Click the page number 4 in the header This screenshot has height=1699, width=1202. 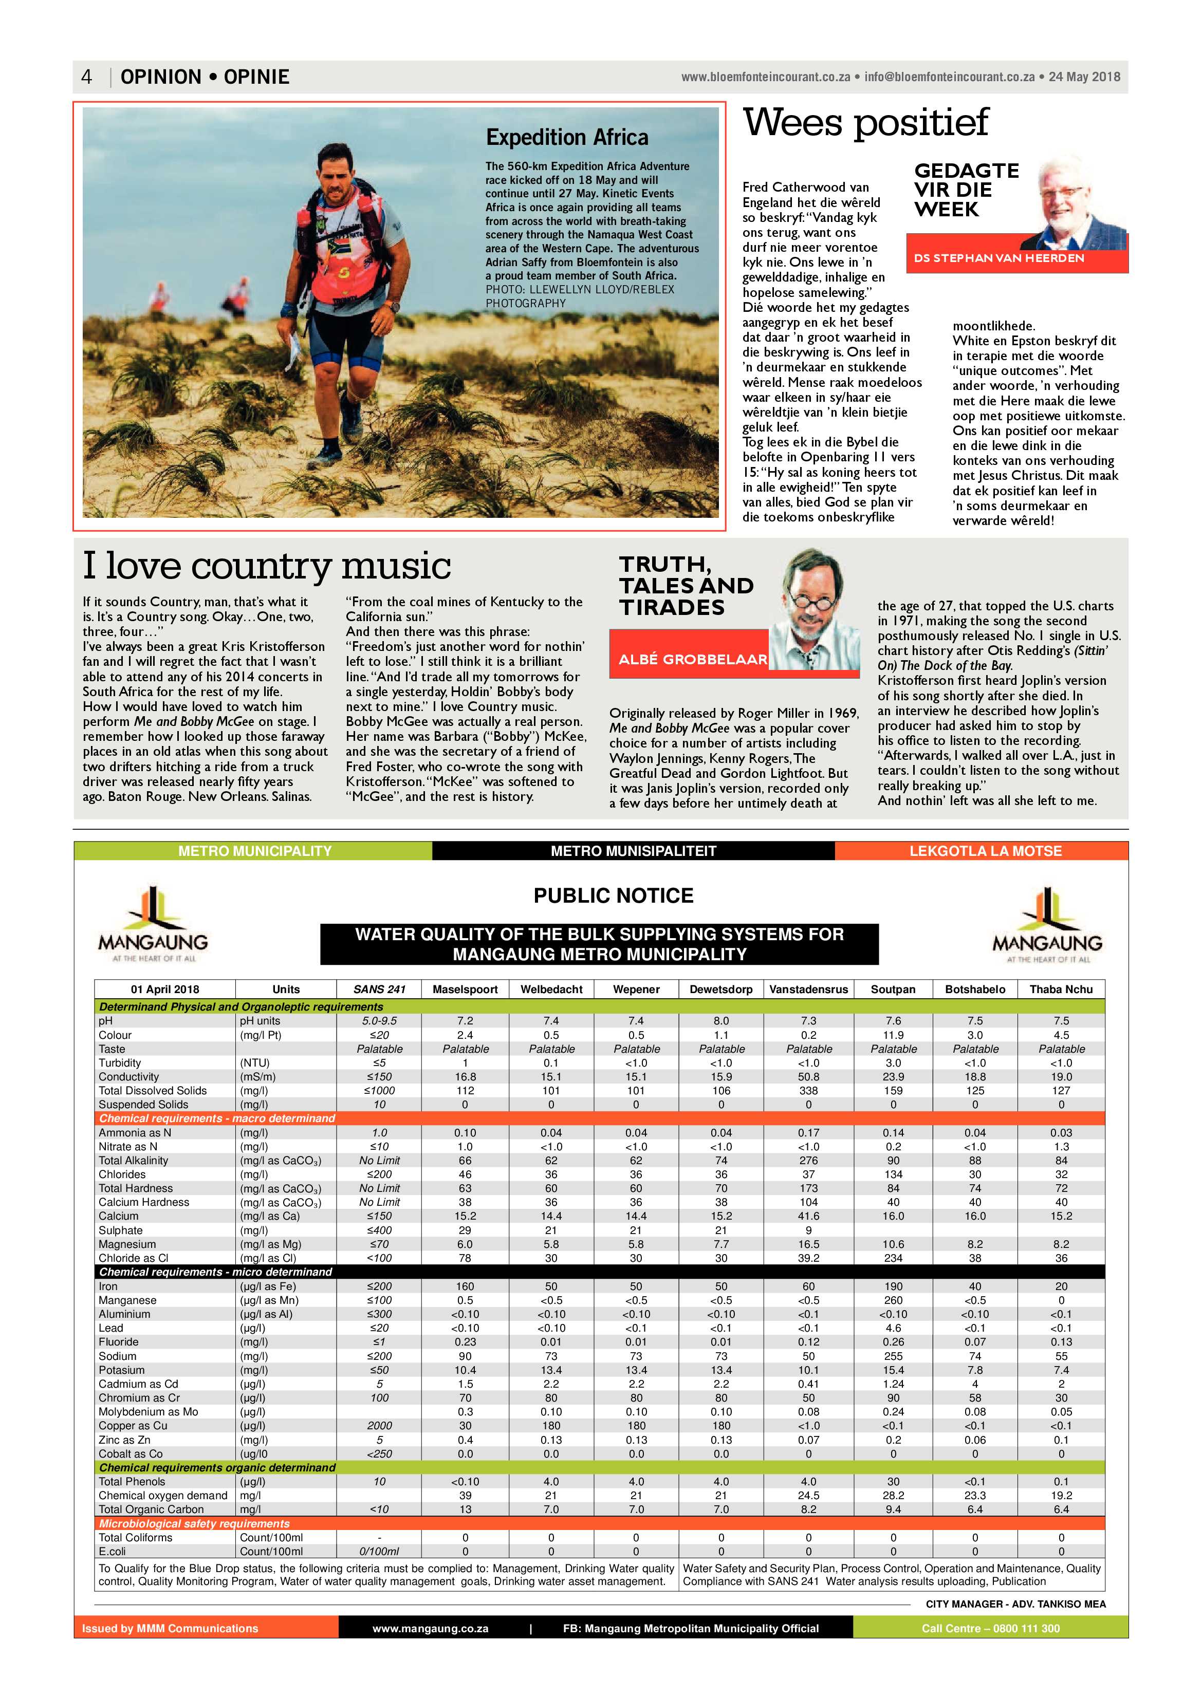tap(87, 77)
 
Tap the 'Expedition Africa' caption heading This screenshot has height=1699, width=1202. tap(566, 138)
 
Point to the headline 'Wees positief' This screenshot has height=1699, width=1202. tap(865, 123)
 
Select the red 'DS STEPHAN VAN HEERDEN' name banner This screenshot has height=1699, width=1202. tap(998, 258)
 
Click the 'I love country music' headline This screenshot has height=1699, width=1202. tap(266, 566)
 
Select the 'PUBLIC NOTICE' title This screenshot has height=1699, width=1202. tap(613, 895)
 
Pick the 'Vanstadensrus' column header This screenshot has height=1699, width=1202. tap(808, 989)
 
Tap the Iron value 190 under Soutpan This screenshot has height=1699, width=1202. tap(893, 1286)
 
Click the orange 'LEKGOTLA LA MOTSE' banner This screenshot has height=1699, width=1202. tap(985, 851)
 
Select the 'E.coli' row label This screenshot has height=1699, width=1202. tap(113, 1551)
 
